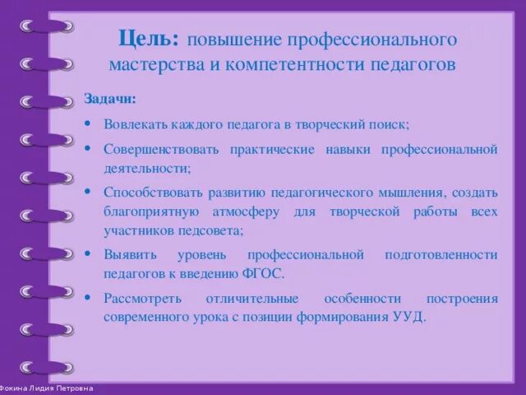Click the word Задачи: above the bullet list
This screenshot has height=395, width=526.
[111, 100]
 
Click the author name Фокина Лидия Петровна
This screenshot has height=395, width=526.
[48, 388]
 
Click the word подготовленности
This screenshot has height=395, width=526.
[441, 254]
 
